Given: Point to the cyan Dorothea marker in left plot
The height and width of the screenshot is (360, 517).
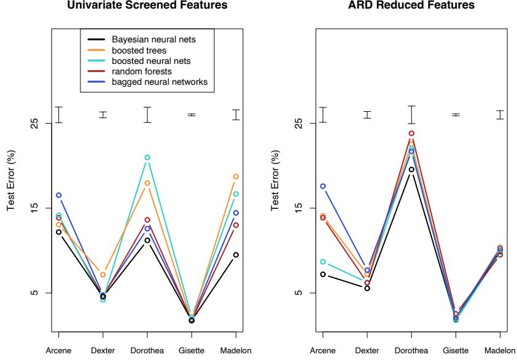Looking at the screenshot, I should coord(147,158).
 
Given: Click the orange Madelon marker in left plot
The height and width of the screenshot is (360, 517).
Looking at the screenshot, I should coord(236,177).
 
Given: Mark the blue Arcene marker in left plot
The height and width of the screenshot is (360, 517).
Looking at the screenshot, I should coord(58,195).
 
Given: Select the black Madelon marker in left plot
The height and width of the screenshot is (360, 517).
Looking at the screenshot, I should coord(236,255).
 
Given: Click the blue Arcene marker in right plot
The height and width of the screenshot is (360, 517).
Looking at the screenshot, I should coord(323,186).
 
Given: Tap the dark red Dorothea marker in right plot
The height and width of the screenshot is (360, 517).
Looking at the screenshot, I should coord(411,133).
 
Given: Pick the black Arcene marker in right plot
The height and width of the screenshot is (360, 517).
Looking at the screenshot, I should coord(323,274).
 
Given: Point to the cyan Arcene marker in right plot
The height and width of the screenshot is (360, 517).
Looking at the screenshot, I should coord(323,262).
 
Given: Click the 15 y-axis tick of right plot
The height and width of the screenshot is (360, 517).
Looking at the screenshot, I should coord(296,208).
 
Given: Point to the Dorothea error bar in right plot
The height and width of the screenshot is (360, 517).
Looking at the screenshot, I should coord(411,114).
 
